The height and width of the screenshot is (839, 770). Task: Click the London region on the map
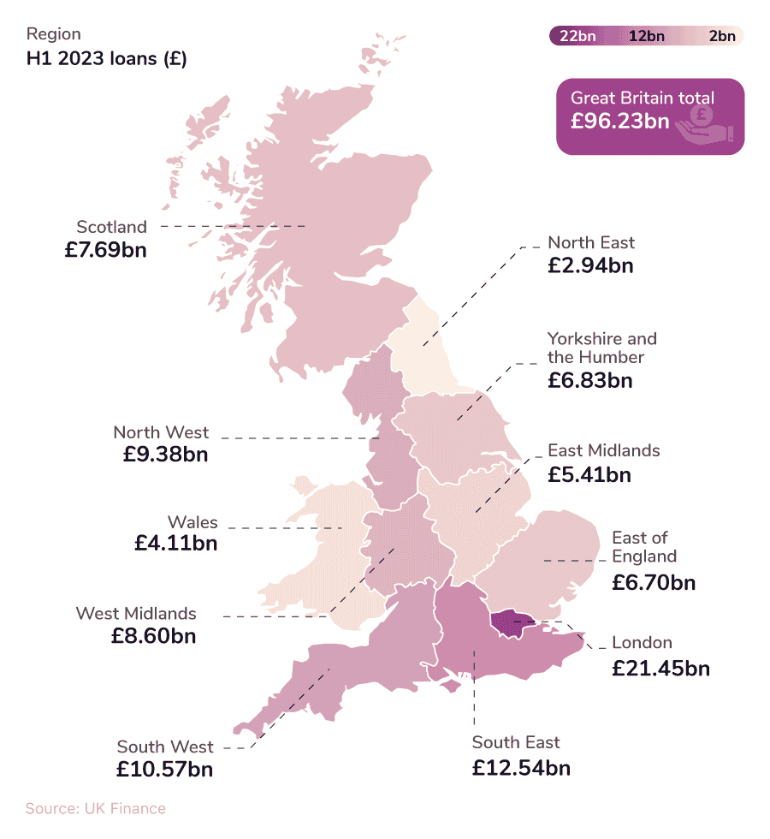[508, 623]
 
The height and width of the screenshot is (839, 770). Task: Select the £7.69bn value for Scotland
[105, 250]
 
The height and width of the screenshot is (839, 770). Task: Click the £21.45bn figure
[660, 668]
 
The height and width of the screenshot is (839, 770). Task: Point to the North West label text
[161, 432]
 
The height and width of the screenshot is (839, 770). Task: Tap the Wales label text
[192, 522]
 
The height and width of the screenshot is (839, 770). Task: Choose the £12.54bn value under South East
[521, 767]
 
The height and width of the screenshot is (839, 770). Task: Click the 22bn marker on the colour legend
[577, 36]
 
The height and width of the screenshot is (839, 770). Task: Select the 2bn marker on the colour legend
[721, 36]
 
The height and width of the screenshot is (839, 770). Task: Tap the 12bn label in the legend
[646, 36]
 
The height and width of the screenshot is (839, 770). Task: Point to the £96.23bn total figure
[620, 122]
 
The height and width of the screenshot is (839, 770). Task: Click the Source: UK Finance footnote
[96, 808]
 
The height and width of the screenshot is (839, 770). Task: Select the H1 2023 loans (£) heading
[107, 59]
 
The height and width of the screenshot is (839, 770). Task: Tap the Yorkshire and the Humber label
[601, 348]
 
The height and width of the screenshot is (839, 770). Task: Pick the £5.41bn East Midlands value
[589, 473]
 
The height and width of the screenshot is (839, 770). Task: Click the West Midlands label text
[136, 613]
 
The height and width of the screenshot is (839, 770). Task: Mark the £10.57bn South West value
[164, 769]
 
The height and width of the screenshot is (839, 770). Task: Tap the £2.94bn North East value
[590, 265]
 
